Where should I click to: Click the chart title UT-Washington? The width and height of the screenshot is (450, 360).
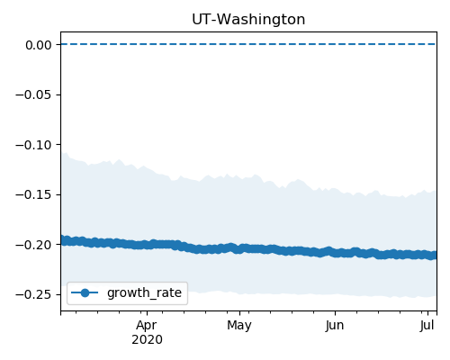pyautogui.click(x=248, y=20)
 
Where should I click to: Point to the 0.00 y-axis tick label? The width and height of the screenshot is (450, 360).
pyautogui.click(x=39, y=45)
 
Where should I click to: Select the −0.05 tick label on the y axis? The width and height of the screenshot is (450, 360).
pyautogui.click(x=34, y=95)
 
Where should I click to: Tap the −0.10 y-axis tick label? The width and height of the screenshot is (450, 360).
pyautogui.click(x=34, y=145)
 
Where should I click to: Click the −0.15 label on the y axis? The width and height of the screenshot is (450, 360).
pyautogui.click(x=34, y=195)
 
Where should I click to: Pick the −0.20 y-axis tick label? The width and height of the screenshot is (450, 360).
pyautogui.click(x=34, y=245)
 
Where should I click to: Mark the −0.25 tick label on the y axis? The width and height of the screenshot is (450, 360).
pyautogui.click(x=34, y=295)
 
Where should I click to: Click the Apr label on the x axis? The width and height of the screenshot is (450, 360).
pyautogui.click(x=147, y=326)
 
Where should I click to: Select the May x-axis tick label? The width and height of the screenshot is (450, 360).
pyautogui.click(x=239, y=326)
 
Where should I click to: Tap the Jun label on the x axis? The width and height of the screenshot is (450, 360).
pyautogui.click(x=335, y=326)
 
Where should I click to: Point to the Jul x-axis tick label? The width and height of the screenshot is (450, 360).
pyautogui.click(x=427, y=326)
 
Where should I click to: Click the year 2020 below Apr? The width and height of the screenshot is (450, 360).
pyautogui.click(x=147, y=340)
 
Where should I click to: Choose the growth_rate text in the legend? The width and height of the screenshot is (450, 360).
pyautogui.click(x=144, y=292)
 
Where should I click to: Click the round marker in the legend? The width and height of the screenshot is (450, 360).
pyautogui.click(x=85, y=292)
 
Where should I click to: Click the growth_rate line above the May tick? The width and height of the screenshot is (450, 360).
pyautogui.click(x=239, y=248)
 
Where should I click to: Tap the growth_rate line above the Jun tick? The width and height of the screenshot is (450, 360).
pyautogui.click(x=335, y=252)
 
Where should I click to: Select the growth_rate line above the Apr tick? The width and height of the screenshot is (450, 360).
pyautogui.click(x=147, y=245)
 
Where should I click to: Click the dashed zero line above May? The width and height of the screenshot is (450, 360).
pyautogui.click(x=239, y=44)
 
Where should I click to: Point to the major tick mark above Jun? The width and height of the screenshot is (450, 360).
pyautogui.click(x=335, y=313)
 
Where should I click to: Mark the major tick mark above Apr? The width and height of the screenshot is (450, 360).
pyautogui.click(x=147, y=313)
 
